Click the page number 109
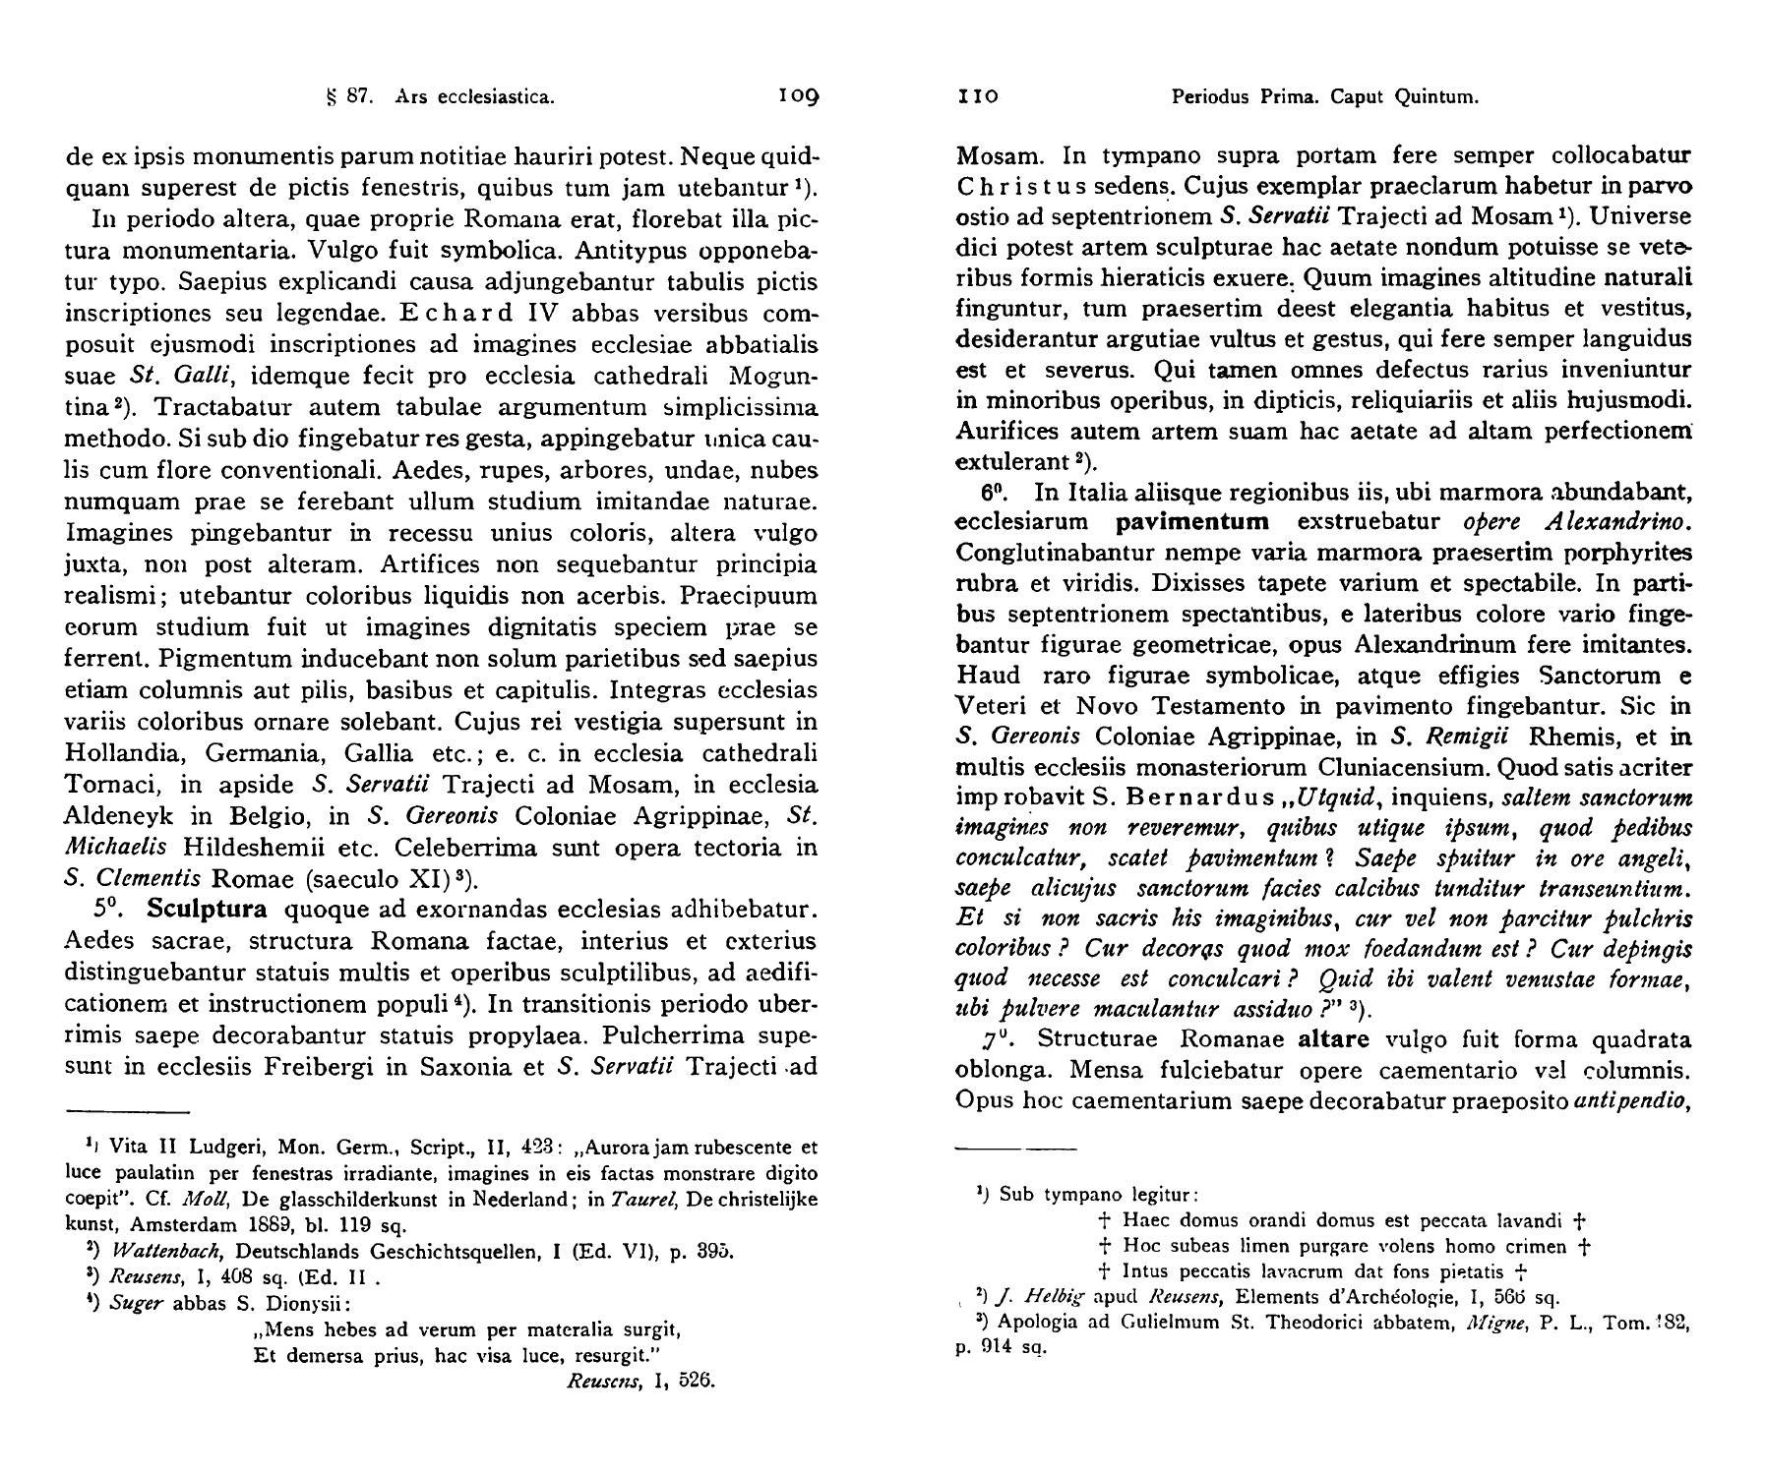pos(798,96)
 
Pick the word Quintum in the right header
pos(1439,97)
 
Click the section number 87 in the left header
pos(357,97)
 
